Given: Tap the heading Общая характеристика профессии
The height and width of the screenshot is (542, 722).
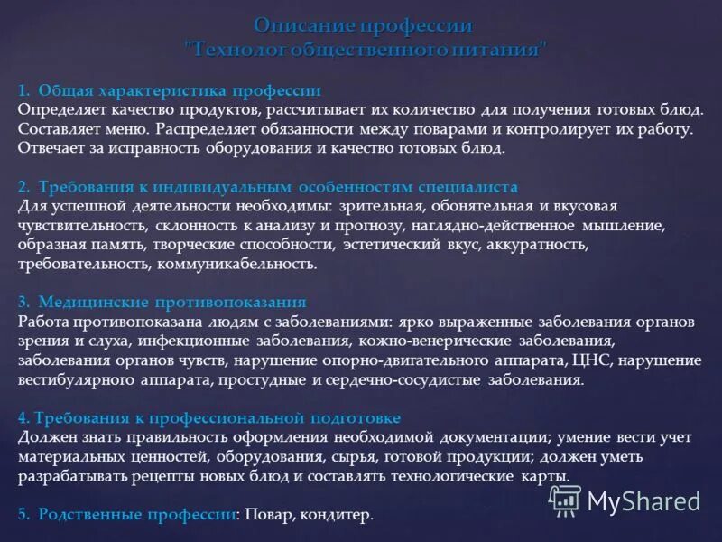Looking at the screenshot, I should [180, 91].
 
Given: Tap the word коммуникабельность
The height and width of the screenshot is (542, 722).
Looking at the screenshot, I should [237, 264].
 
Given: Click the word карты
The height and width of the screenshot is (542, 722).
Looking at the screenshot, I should [545, 475].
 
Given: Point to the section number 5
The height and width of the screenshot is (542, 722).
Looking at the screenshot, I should [23, 514].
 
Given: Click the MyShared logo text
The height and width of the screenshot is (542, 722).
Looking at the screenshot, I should [643, 500].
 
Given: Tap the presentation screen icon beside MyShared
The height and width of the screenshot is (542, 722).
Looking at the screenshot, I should [565, 500].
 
